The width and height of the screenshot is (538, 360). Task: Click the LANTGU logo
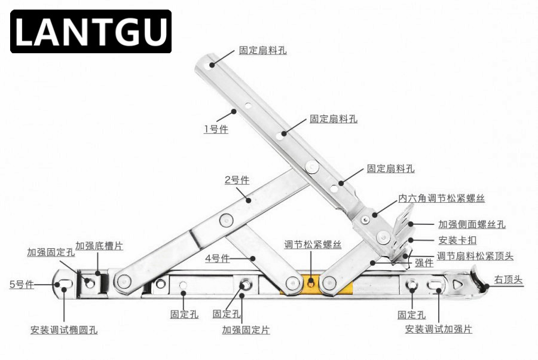pyautogui.click(x=91, y=32)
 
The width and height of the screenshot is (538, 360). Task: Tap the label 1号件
pyautogui.click(x=216, y=129)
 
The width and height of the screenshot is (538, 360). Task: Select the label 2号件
pyautogui.click(x=237, y=180)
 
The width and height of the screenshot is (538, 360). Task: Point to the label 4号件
pyautogui.click(x=218, y=258)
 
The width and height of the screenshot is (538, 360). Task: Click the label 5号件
pyautogui.click(x=22, y=284)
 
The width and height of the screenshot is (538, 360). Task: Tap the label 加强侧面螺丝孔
pyautogui.click(x=472, y=225)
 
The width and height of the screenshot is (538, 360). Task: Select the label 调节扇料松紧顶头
pyautogui.click(x=475, y=256)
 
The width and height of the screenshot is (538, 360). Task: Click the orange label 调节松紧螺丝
pyautogui.click(x=313, y=245)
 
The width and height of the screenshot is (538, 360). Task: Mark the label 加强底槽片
pyautogui.click(x=99, y=246)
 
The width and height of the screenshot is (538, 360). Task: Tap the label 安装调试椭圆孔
pyautogui.click(x=64, y=330)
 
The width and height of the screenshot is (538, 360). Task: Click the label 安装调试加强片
pyautogui.click(x=438, y=329)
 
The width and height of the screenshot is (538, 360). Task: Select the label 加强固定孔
pyautogui.click(x=51, y=252)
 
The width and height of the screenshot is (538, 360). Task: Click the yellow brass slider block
pyautogui.click(x=311, y=283)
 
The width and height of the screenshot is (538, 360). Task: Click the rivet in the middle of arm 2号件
pyautogui.click(x=225, y=219)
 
